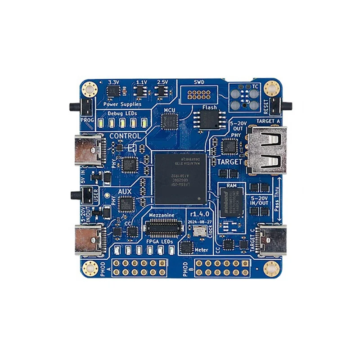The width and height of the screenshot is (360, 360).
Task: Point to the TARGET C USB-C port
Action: coord(271,239)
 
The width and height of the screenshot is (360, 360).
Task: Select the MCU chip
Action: coord(170,121)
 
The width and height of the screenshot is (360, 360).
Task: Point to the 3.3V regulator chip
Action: coord(113,92)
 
